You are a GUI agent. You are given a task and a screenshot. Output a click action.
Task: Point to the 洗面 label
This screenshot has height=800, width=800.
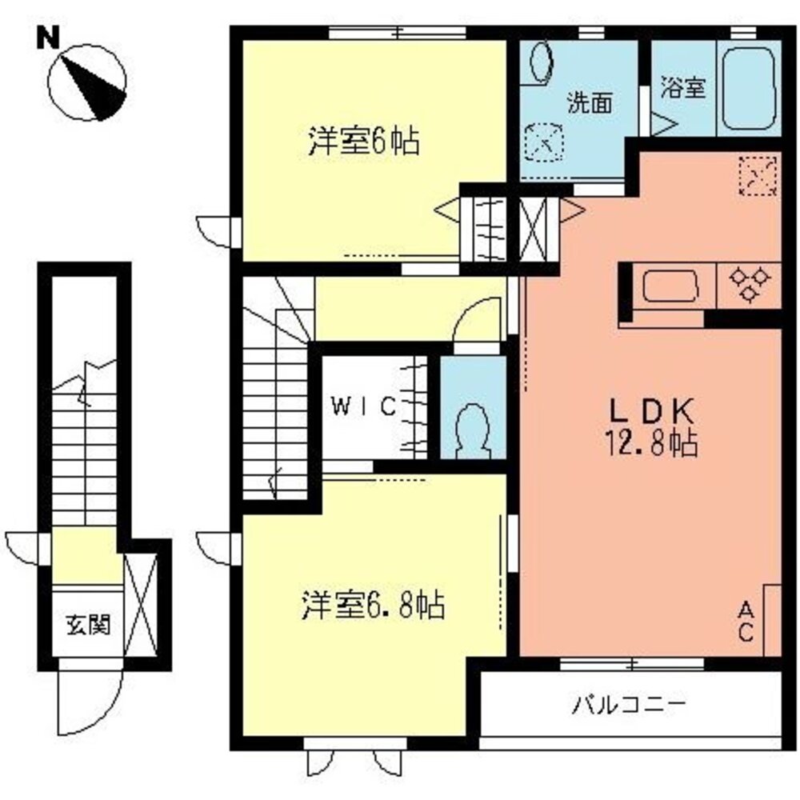(590, 102)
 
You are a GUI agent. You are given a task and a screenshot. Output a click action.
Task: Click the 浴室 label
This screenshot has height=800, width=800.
(683, 87)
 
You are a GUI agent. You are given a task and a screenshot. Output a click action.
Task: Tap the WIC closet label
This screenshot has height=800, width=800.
(363, 407)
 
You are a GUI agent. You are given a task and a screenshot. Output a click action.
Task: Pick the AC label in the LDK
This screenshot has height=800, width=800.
(745, 622)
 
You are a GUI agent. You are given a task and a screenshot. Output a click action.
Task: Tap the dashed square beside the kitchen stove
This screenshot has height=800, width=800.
(757, 174)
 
